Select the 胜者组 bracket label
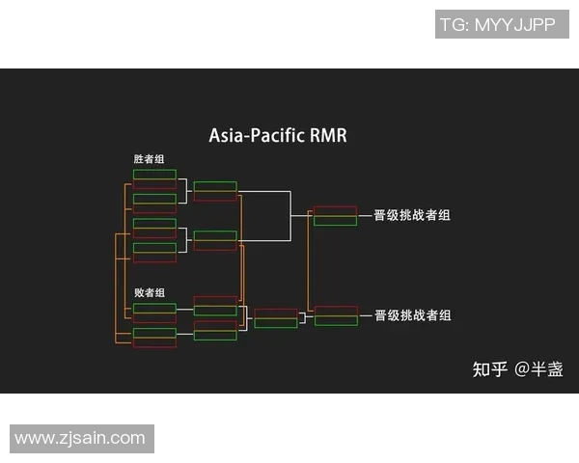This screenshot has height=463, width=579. tap(149, 159)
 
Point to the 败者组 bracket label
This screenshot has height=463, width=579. tap(149, 292)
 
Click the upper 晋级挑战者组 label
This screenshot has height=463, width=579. tap(412, 215)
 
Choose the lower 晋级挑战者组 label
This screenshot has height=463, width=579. tap(412, 315)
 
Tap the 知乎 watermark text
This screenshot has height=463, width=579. tap(489, 368)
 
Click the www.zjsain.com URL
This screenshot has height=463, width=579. tap(80, 438)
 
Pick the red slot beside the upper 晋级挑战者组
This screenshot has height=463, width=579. tap(335, 210)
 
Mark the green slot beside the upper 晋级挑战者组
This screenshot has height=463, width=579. tap(335, 221)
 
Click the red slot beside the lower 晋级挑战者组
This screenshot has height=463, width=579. tap(335, 311)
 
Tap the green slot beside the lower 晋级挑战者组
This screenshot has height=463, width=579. tap(335, 321)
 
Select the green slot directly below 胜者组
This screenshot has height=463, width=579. tap(154, 175)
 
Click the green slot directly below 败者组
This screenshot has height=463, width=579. tap(154, 308)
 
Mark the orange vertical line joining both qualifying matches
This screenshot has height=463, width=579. tap(308, 265)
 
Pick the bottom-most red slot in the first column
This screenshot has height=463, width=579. tap(154, 343)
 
